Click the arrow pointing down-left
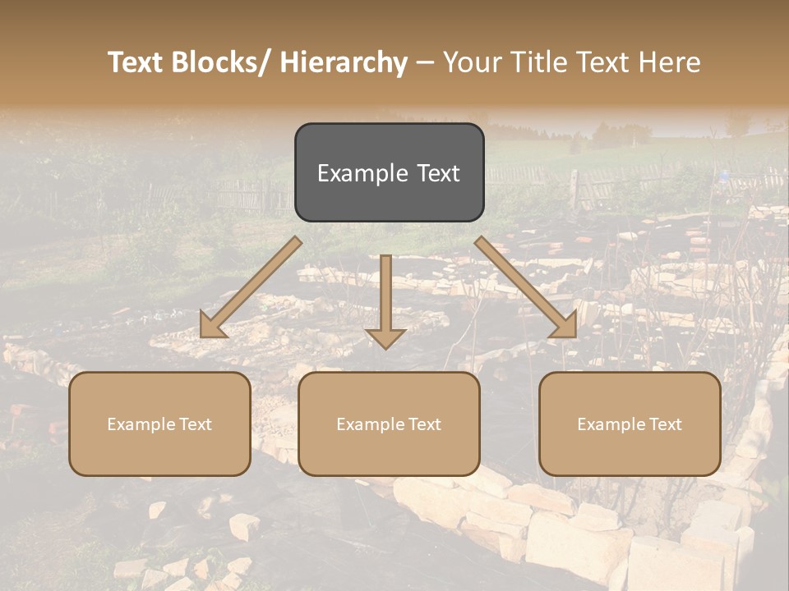pos(251,287)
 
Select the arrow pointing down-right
pos(526,287)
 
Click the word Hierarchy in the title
pos(344,62)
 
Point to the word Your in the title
pos(471,62)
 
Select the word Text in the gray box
pos(438,173)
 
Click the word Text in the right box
pos(665,424)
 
